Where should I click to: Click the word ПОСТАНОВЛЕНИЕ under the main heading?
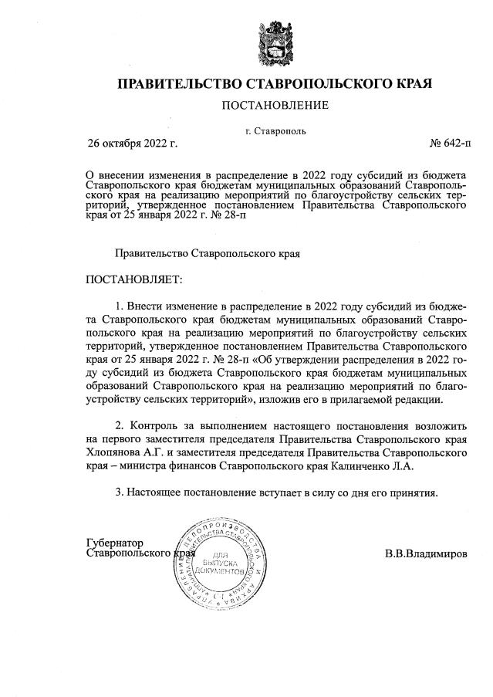pos(275,105)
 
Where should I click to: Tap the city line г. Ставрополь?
pos(275,130)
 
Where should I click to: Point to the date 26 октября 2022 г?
pos(132,144)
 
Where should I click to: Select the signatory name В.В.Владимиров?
pos(426,554)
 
